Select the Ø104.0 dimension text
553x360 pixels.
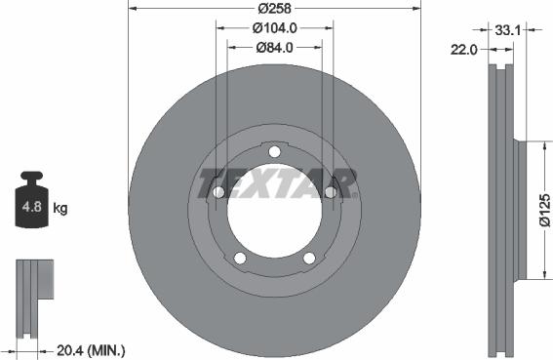coord(274,28)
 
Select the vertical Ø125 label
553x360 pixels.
coord(543,210)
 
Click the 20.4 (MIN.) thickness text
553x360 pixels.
coord(93,349)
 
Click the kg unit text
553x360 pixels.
coord(60,208)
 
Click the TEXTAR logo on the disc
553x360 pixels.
coord(275,182)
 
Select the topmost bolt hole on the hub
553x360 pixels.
coord(274,151)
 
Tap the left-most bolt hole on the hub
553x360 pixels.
coord(218,192)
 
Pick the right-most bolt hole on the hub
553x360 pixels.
coord(331,192)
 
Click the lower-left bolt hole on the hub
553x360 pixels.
coord(240,258)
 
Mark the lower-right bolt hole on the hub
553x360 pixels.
coord(309,258)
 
